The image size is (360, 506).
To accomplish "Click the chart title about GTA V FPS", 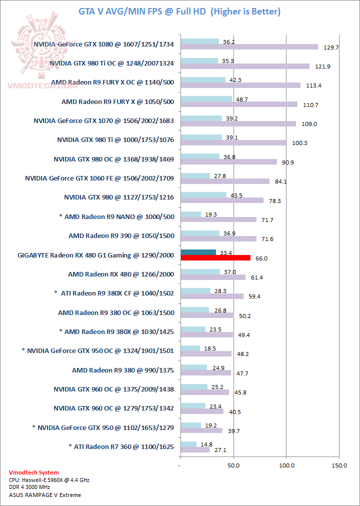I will tap(179, 11).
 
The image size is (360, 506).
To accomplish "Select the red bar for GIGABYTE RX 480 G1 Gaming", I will tap(215, 258).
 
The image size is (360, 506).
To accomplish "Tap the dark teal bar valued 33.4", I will tap(198, 252).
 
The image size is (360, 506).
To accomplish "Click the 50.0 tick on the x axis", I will tap(233, 465).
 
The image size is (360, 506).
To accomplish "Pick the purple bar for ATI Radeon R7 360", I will tap(194, 449).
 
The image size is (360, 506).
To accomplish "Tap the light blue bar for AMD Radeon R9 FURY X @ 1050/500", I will tap(206, 98).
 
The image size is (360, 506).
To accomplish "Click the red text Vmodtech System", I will tap(34, 472).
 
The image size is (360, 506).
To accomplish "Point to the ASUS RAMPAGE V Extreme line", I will tap(45, 495).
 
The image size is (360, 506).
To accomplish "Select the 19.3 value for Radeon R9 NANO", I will tap(210, 213).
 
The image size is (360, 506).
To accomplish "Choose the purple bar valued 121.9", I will tap(245, 66).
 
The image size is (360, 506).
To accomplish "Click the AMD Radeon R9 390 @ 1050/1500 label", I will tap(121, 235).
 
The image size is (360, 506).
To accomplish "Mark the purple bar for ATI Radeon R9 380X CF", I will tap(212, 296).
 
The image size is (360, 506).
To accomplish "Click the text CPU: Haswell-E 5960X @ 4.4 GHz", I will tap(49, 480).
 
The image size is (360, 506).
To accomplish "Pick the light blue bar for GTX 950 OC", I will tap(190, 348).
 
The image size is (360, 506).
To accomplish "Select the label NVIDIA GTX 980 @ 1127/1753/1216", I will tap(119, 197).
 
